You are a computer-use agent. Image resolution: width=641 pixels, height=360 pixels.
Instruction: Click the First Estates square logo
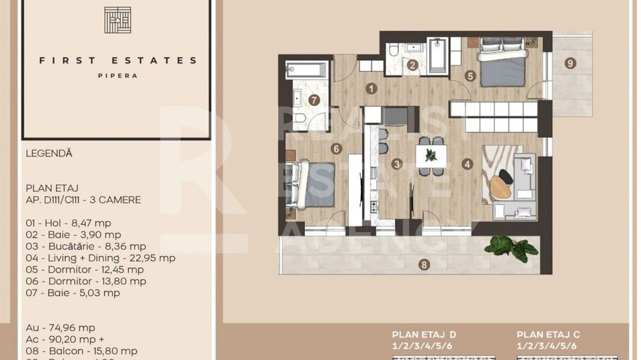click(x=118, y=20)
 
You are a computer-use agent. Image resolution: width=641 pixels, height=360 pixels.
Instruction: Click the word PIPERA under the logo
click(x=118, y=76)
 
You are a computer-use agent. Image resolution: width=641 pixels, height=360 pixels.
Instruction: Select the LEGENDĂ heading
click(x=49, y=154)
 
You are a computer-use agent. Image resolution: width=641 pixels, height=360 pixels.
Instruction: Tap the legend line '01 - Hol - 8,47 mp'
click(x=68, y=223)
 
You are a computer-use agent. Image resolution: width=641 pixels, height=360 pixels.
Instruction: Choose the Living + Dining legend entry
click(x=100, y=258)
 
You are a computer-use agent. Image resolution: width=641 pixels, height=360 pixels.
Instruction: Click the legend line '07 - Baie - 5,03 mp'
click(x=72, y=292)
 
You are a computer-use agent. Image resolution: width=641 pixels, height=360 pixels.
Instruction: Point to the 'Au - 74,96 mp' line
click(x=61, y=327)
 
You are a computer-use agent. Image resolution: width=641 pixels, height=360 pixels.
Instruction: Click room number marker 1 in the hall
click(x=370, y=88)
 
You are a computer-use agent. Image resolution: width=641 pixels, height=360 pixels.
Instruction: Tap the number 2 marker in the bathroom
click(x=412, y=66)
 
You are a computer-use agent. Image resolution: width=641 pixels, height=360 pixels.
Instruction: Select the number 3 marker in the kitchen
click(x=397, y=164)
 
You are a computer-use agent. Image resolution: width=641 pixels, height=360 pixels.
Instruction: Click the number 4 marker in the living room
click(x=467, y=164)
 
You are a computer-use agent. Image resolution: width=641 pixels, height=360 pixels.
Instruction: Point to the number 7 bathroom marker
click(x=314, y=100)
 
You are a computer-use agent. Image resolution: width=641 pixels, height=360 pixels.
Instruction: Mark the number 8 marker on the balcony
click(x=424, y=264)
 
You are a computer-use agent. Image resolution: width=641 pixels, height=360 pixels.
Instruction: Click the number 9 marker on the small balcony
click(x=571, y=64)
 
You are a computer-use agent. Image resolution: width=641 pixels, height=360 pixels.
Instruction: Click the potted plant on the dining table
click(x=431, y=155)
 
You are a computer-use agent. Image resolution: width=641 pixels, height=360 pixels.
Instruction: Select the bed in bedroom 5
click(x=502, y=63)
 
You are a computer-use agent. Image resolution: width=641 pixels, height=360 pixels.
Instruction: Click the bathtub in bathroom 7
click(x=308, y=69)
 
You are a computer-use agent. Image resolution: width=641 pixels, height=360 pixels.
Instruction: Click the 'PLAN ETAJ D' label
click(x=424, y=335)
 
